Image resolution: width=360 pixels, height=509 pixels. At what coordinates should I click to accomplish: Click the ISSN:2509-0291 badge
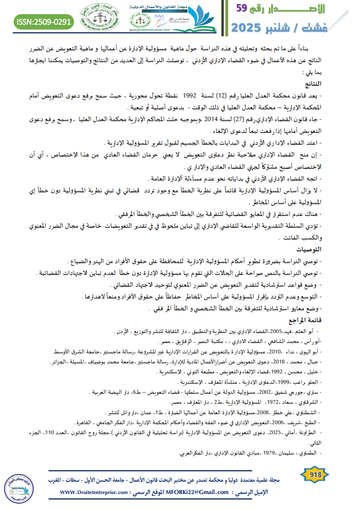[x=44, y=21]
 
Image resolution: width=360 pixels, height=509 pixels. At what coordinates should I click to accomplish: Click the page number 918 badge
[x=315, y=475]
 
